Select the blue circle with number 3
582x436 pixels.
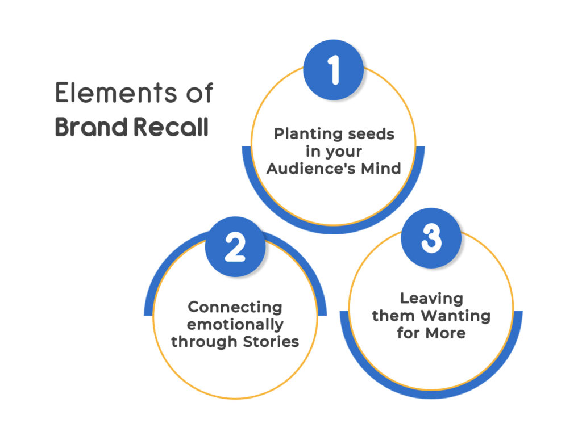(x=431, y=240)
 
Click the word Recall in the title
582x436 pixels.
(x=171, y=127)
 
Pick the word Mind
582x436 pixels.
(x=381, y=169)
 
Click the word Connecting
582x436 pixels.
(x=235, y=307)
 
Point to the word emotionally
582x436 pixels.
(x=235, y=325)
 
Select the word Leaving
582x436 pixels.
(x=431, y=298)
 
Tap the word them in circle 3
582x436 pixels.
(x=393, y=315)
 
